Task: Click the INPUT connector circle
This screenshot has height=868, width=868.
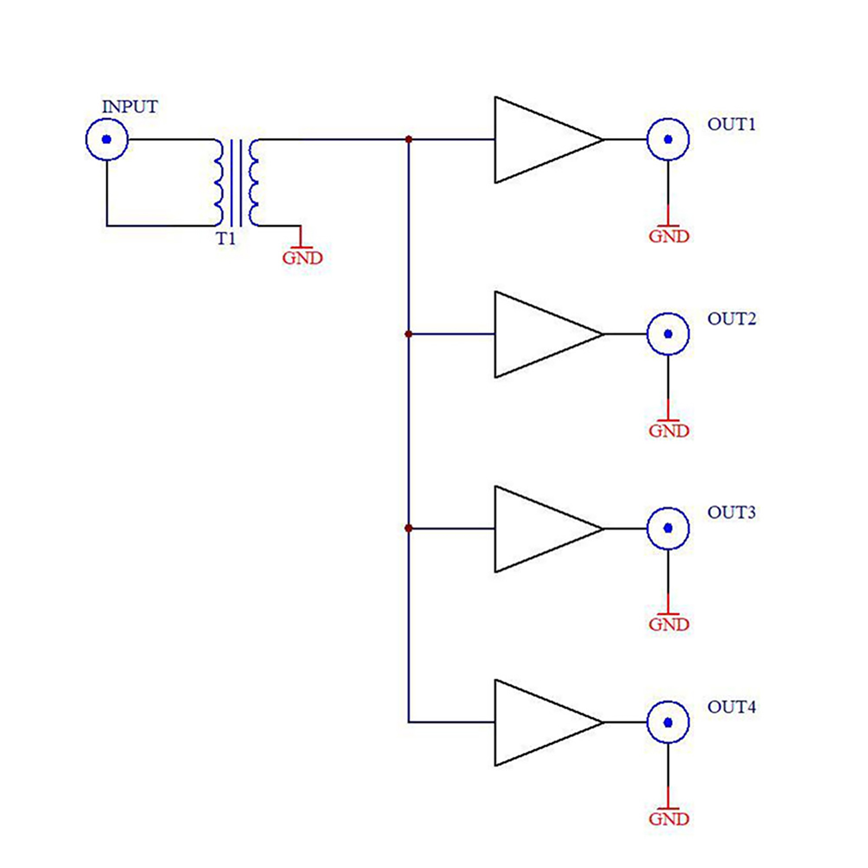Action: pos(107,139)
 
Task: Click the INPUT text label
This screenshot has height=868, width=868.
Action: pos(130,107)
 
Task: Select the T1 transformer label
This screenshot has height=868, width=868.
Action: pos(226,239)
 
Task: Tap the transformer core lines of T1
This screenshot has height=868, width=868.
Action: pos(236,183)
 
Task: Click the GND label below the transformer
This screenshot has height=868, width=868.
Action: pos(302,258)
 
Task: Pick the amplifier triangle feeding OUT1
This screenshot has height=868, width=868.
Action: pos(537,140)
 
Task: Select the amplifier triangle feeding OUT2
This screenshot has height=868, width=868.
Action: pos(537,334)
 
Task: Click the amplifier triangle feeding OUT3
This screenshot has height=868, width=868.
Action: pos(537,528)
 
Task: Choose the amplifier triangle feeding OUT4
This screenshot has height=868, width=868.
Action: pos(537,723)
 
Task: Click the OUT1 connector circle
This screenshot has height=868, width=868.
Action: pos(668,139)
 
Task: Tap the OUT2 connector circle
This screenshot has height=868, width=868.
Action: pos(668,334)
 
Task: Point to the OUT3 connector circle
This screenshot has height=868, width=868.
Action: pos(668,528)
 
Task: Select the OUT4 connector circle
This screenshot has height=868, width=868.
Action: pos(668,722)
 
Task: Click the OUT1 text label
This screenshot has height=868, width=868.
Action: pos(731,124)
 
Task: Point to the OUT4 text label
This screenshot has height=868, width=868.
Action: pos(731,707)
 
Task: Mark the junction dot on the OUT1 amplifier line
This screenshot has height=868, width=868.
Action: pos(409,139)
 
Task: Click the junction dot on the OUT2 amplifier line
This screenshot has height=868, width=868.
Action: pos(409,334)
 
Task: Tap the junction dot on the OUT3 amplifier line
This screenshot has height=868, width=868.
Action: pos(409,528)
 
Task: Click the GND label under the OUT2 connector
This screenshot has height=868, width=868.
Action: pos(669,431)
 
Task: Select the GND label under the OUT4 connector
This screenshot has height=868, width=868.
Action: pos(669,819)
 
